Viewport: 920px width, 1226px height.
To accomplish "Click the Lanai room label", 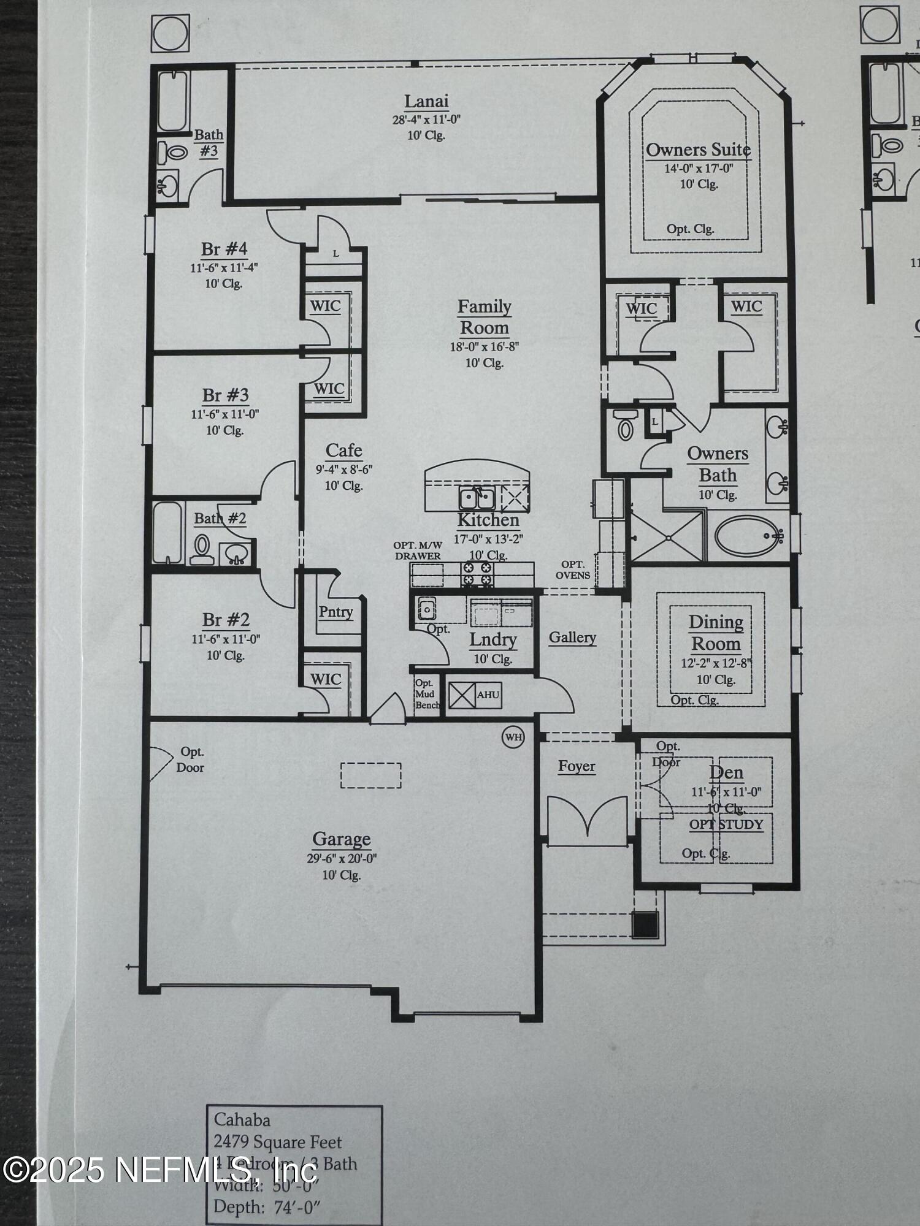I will point(426,102).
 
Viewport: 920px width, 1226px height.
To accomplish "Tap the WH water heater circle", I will point(513,737).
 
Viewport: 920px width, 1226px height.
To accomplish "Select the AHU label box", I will point(488,695).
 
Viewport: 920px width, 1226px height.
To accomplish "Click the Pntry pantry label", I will point(335,612).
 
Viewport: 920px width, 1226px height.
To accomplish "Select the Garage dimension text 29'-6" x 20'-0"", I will point(342,859).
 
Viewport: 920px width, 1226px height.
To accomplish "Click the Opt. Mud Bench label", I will point(426,694).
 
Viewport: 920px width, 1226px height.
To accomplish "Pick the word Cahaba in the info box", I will point(242,1120).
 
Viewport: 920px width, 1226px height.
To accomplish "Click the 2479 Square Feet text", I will point(277,1142).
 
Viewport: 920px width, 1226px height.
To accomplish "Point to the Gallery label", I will point(572,638).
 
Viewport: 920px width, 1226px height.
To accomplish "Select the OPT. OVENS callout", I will point(573,569).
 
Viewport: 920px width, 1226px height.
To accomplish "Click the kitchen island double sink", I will point(477,498).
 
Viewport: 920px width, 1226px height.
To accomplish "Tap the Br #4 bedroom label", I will point(224,249).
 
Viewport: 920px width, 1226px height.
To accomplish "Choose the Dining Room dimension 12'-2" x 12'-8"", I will point(715,663).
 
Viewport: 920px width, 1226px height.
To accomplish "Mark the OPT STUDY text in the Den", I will point(726,824).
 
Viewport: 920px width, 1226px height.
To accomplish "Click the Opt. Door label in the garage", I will point(191,760).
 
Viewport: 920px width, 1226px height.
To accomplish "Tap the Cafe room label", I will point(343,451).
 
